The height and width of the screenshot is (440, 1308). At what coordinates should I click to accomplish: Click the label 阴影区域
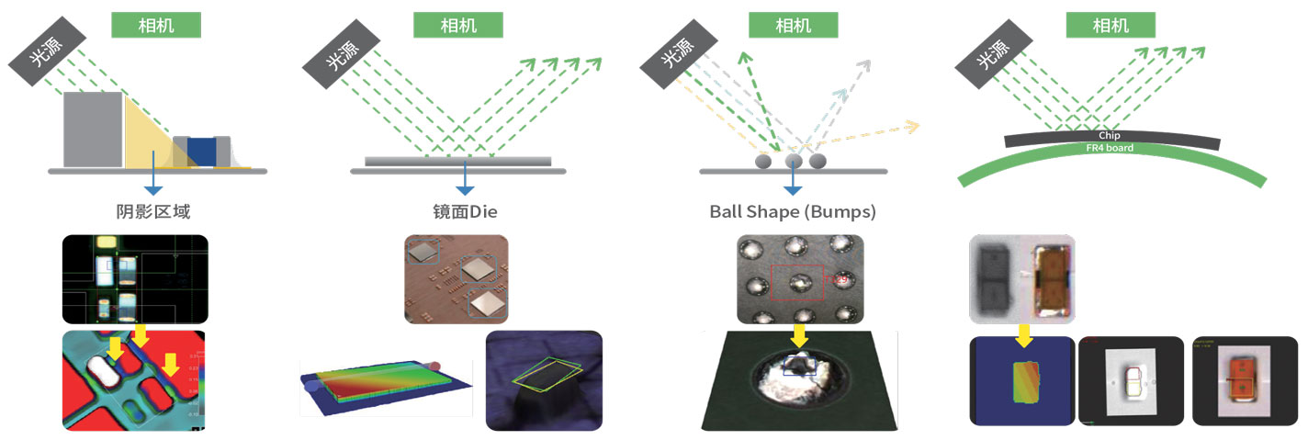(152, 212)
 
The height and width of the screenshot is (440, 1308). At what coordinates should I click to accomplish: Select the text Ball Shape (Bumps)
(793, 212)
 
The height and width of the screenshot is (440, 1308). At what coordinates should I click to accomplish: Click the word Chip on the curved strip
(1110, 136)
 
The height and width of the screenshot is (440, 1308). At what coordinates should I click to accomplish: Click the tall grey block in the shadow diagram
(92, 129)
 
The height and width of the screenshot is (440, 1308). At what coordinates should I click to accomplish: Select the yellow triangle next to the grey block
(147, 138)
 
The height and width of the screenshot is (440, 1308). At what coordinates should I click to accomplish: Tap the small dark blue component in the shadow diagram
(200, 150)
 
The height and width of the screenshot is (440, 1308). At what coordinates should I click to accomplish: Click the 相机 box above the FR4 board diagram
(1110, 25)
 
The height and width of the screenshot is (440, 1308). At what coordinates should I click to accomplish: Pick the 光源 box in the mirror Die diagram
(342, 54)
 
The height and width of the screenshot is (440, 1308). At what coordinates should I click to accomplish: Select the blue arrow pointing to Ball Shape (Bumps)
(793, 183)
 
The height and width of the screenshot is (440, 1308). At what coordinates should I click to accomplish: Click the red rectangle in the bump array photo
(797, 281)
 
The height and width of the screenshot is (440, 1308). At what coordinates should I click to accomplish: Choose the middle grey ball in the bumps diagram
(795, 162)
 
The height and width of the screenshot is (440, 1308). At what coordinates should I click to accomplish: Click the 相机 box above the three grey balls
(793, 25)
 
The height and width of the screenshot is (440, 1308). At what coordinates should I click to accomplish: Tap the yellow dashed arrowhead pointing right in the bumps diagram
(911, 126)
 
